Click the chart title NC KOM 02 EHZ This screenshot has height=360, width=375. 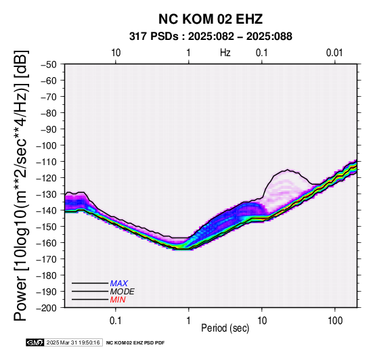click(x=211, y=19)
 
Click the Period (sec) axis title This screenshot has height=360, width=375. click(x=225, y=328)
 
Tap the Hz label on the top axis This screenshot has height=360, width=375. click(x=225, y=53)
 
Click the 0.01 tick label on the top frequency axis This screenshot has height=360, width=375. click(x=334, y=53)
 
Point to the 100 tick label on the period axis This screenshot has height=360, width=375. click(x=335, y=321)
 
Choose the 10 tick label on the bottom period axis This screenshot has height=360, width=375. click(x=262, y=321)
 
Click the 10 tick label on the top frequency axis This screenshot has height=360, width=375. click(x=116, y=53)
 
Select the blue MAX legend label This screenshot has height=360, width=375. click(x=119, y=284)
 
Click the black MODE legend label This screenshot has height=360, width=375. click(x=123, y=292)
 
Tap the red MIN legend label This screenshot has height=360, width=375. click(x=118, y=300)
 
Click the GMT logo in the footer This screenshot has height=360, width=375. click(x=35, y=342)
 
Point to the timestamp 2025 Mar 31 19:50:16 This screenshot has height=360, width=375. click(x=73, y=342)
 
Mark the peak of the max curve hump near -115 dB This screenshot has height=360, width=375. click(x=287, y=170)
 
